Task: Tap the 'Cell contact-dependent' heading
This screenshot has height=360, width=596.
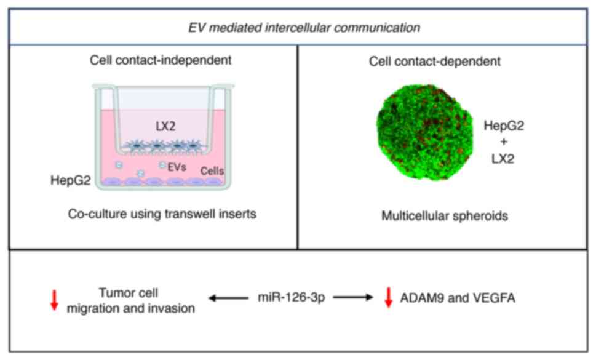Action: (x=435, y=61)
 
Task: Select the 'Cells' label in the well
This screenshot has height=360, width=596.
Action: (x=212, y=170)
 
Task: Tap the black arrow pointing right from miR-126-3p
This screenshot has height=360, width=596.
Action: (x=352, y=298)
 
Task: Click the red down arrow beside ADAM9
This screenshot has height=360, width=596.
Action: (x=388, y=298)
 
